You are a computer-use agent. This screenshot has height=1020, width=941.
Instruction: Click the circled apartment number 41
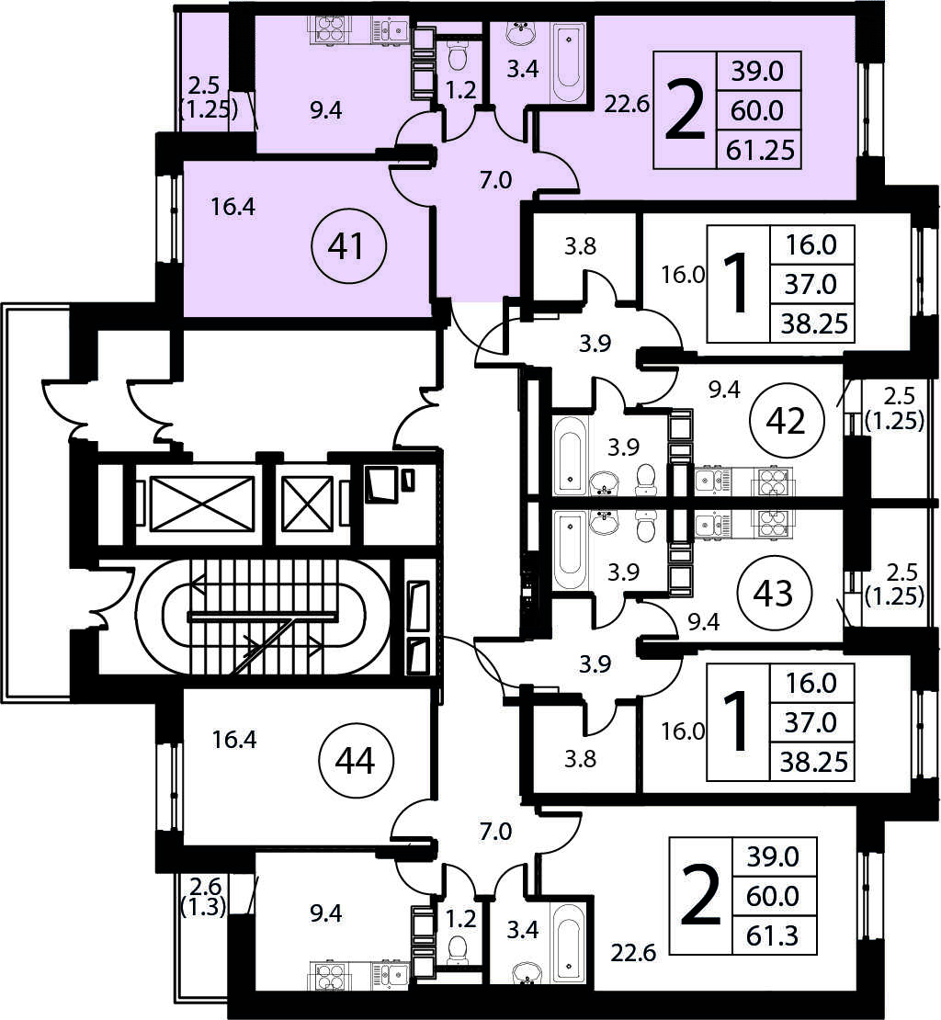tap(349, 246)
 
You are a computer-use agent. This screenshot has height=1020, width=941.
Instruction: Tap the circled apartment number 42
tap(787, 421)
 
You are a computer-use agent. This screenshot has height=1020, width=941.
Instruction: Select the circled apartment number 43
tap(774, 594)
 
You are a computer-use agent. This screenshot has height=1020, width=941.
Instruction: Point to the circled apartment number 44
tap(357, 760)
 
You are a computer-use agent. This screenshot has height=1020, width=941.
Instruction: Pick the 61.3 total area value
tap(773, 936)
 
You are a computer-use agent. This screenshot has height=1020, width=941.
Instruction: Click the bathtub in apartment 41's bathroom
tap(569, 62)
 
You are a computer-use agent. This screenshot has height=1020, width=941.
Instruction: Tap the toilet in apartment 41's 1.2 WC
tap(459, 56)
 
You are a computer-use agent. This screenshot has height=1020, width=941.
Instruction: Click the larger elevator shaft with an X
tap(202, 504)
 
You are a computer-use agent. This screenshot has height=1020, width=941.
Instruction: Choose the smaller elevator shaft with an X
tap(309, 504)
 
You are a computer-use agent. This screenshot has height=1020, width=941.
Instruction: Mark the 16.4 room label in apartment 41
tap(232, 207)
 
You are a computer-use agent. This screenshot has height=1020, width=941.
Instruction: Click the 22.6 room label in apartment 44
tap(633, 952)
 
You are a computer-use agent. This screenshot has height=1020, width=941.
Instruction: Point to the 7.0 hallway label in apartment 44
tap(495, 831)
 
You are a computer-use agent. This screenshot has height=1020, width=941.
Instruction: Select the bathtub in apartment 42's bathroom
tap(571, 456)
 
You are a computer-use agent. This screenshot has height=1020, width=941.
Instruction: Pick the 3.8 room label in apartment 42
tap(580, 246)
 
